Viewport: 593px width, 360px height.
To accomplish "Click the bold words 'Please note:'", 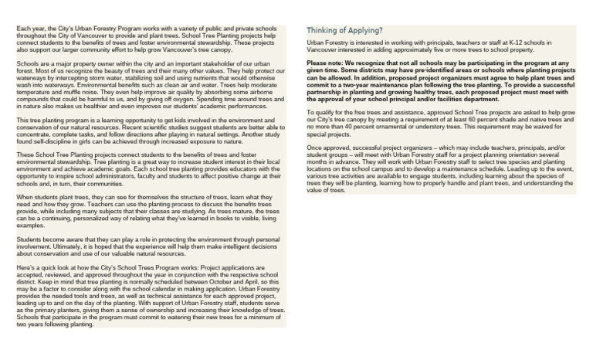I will (325, 61).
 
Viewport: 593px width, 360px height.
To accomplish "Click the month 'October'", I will (191, 283).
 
